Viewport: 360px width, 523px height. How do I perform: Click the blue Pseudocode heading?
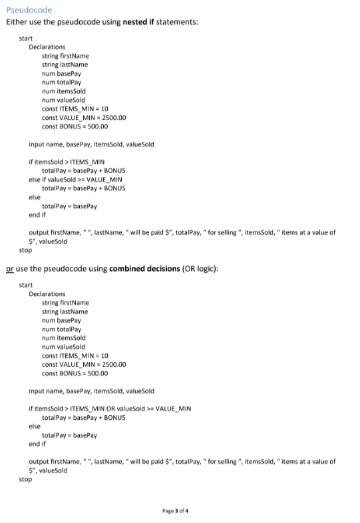pos(29,10)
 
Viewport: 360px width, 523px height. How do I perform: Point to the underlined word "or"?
pos(9,267)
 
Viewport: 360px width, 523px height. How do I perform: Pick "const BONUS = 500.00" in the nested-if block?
pos(75,126)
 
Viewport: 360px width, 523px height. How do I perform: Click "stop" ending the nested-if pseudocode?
pos(25,251)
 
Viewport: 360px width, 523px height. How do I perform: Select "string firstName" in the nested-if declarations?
pos(65,56)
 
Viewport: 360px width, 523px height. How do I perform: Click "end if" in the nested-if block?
pos(38,215)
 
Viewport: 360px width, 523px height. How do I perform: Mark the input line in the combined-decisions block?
pos(91,391)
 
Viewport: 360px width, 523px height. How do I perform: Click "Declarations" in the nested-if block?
pos(47,47)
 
